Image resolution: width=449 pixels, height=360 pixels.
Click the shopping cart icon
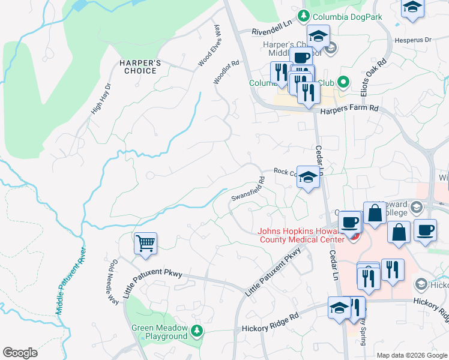(x=145, y=244)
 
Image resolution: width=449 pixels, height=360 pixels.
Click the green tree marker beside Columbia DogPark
(x=304, y=16)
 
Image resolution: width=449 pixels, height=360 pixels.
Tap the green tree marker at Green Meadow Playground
(x=196, y=331)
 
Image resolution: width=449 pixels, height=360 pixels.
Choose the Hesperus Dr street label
(x=413, y=40)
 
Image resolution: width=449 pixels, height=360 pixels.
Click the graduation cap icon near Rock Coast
(x=308, y=177)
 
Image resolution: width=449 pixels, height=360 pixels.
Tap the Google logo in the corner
(x=20, y=352)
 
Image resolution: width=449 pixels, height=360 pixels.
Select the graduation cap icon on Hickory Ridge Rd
(x=339, y=308)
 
